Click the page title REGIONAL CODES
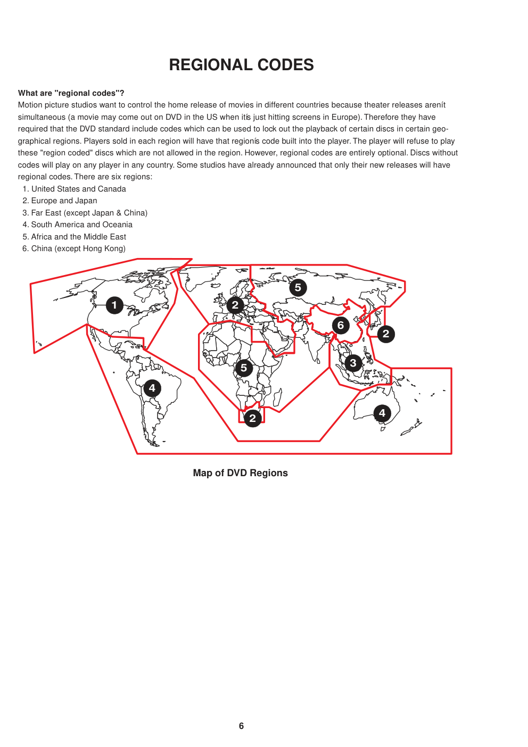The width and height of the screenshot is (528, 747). [x=241, y=65]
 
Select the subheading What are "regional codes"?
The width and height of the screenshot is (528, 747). [x=71, y=93]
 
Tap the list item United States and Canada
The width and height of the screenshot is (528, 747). [x=78, y=189]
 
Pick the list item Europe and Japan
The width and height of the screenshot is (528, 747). [x=64, y=201]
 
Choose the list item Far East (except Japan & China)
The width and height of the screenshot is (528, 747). [x=89, y=213]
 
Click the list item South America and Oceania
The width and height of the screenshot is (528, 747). [x=81, y=225]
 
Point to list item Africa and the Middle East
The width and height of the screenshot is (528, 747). [x=78, y=237]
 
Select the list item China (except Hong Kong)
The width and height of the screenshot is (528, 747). [x=78, y=248]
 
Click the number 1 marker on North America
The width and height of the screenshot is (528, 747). [x=114, y=305]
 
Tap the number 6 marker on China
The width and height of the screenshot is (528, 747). [x=341, y=325]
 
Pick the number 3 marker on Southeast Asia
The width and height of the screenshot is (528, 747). [x=353, y=363]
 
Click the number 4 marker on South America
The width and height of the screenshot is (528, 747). [x=152, y=388]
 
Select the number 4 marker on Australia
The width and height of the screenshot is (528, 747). [x=382, y=413]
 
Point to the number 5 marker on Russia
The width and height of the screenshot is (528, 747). [x=298, y=288]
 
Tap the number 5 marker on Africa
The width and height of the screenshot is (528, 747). [x=244, y=368]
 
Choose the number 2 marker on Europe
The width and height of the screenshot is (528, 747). [x=235, y=305]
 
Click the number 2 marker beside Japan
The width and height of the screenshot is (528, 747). [x=386, y=334]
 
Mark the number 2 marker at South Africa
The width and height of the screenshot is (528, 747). [x=253, y=418]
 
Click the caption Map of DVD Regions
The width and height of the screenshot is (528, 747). [x=240, y=473]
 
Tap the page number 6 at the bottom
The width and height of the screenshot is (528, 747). [x=241, y=726]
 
